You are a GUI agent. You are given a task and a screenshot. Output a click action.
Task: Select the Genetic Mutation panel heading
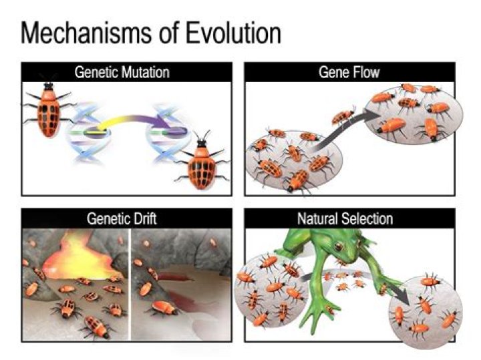pyautogui.click(x=127, y=72)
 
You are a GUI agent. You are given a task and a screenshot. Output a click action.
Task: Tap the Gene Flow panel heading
pyautogui.click(x=350, y=72)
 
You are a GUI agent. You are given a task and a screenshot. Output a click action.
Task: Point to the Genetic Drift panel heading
pyautogui.click(x=127, y=218)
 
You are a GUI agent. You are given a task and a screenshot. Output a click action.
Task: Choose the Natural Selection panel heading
pyautogui.click(x=350, y=218)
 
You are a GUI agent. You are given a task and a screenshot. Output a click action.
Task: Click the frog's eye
pyautogui.click(x=340, y=248)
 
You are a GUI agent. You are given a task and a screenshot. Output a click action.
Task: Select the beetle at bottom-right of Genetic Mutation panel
pyautogui.click(x=200, y=164)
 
